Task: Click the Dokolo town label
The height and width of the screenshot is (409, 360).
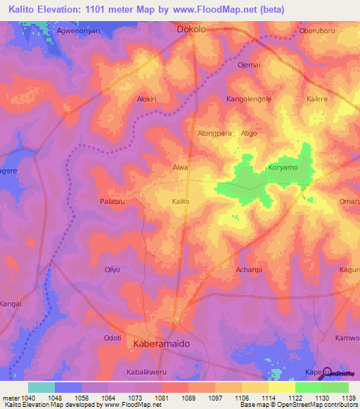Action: pos(191,30)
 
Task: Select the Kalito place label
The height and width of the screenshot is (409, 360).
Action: pos(181,202)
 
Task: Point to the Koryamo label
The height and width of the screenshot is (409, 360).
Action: pos(283,168)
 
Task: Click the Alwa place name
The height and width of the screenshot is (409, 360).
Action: pos(181,168)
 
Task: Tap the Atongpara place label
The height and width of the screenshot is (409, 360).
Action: pos(214,133)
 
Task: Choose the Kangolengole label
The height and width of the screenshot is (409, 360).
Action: pos(248,99)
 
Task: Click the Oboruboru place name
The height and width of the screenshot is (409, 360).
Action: pos(319,30)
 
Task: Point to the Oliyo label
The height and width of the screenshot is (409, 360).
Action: pos(112,269)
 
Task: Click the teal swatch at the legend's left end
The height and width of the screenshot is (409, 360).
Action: pos(41,387)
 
